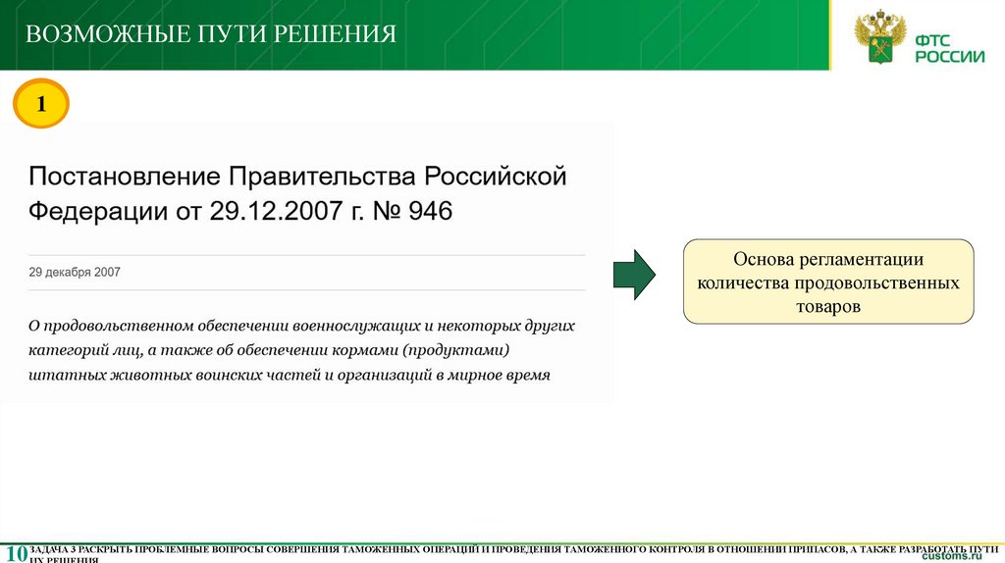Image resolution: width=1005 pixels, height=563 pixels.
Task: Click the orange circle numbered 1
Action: pyautogui.click(x=41, y=105)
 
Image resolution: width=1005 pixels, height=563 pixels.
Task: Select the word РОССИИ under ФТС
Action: pyautogui.click(x=949, y=57)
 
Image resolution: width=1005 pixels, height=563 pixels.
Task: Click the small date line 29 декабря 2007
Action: pyautogui.click(x=75, y=272)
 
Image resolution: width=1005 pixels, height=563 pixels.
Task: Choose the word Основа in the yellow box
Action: pyautogui.click(x=763, y=260)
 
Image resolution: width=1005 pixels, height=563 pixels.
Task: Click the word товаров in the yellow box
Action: pyautogui.click(x=828, y=306)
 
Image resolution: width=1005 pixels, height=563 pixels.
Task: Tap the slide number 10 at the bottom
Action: pyautogui.click(x=15, y=552)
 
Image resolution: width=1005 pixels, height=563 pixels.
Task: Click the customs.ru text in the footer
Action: pyautogui.click(x=952, y=556)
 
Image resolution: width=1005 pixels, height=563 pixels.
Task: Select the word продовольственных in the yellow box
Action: pyautogui.click(x=887, y=283)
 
